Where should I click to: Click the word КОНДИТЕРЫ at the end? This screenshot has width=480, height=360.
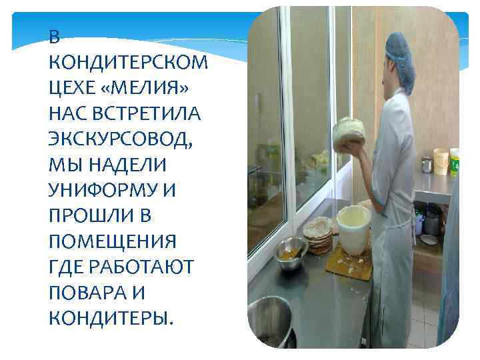click(x=111, y=318)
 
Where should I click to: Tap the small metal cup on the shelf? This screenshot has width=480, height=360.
click(x=427, y=164)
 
